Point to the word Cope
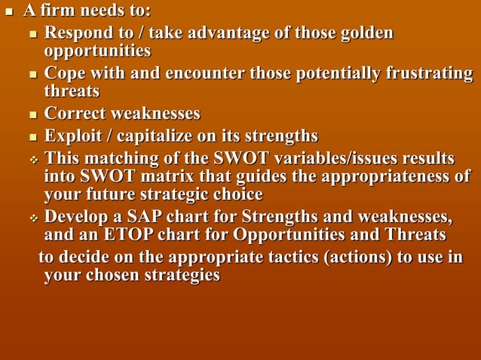[66, 75]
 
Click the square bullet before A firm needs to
[10, 13]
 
